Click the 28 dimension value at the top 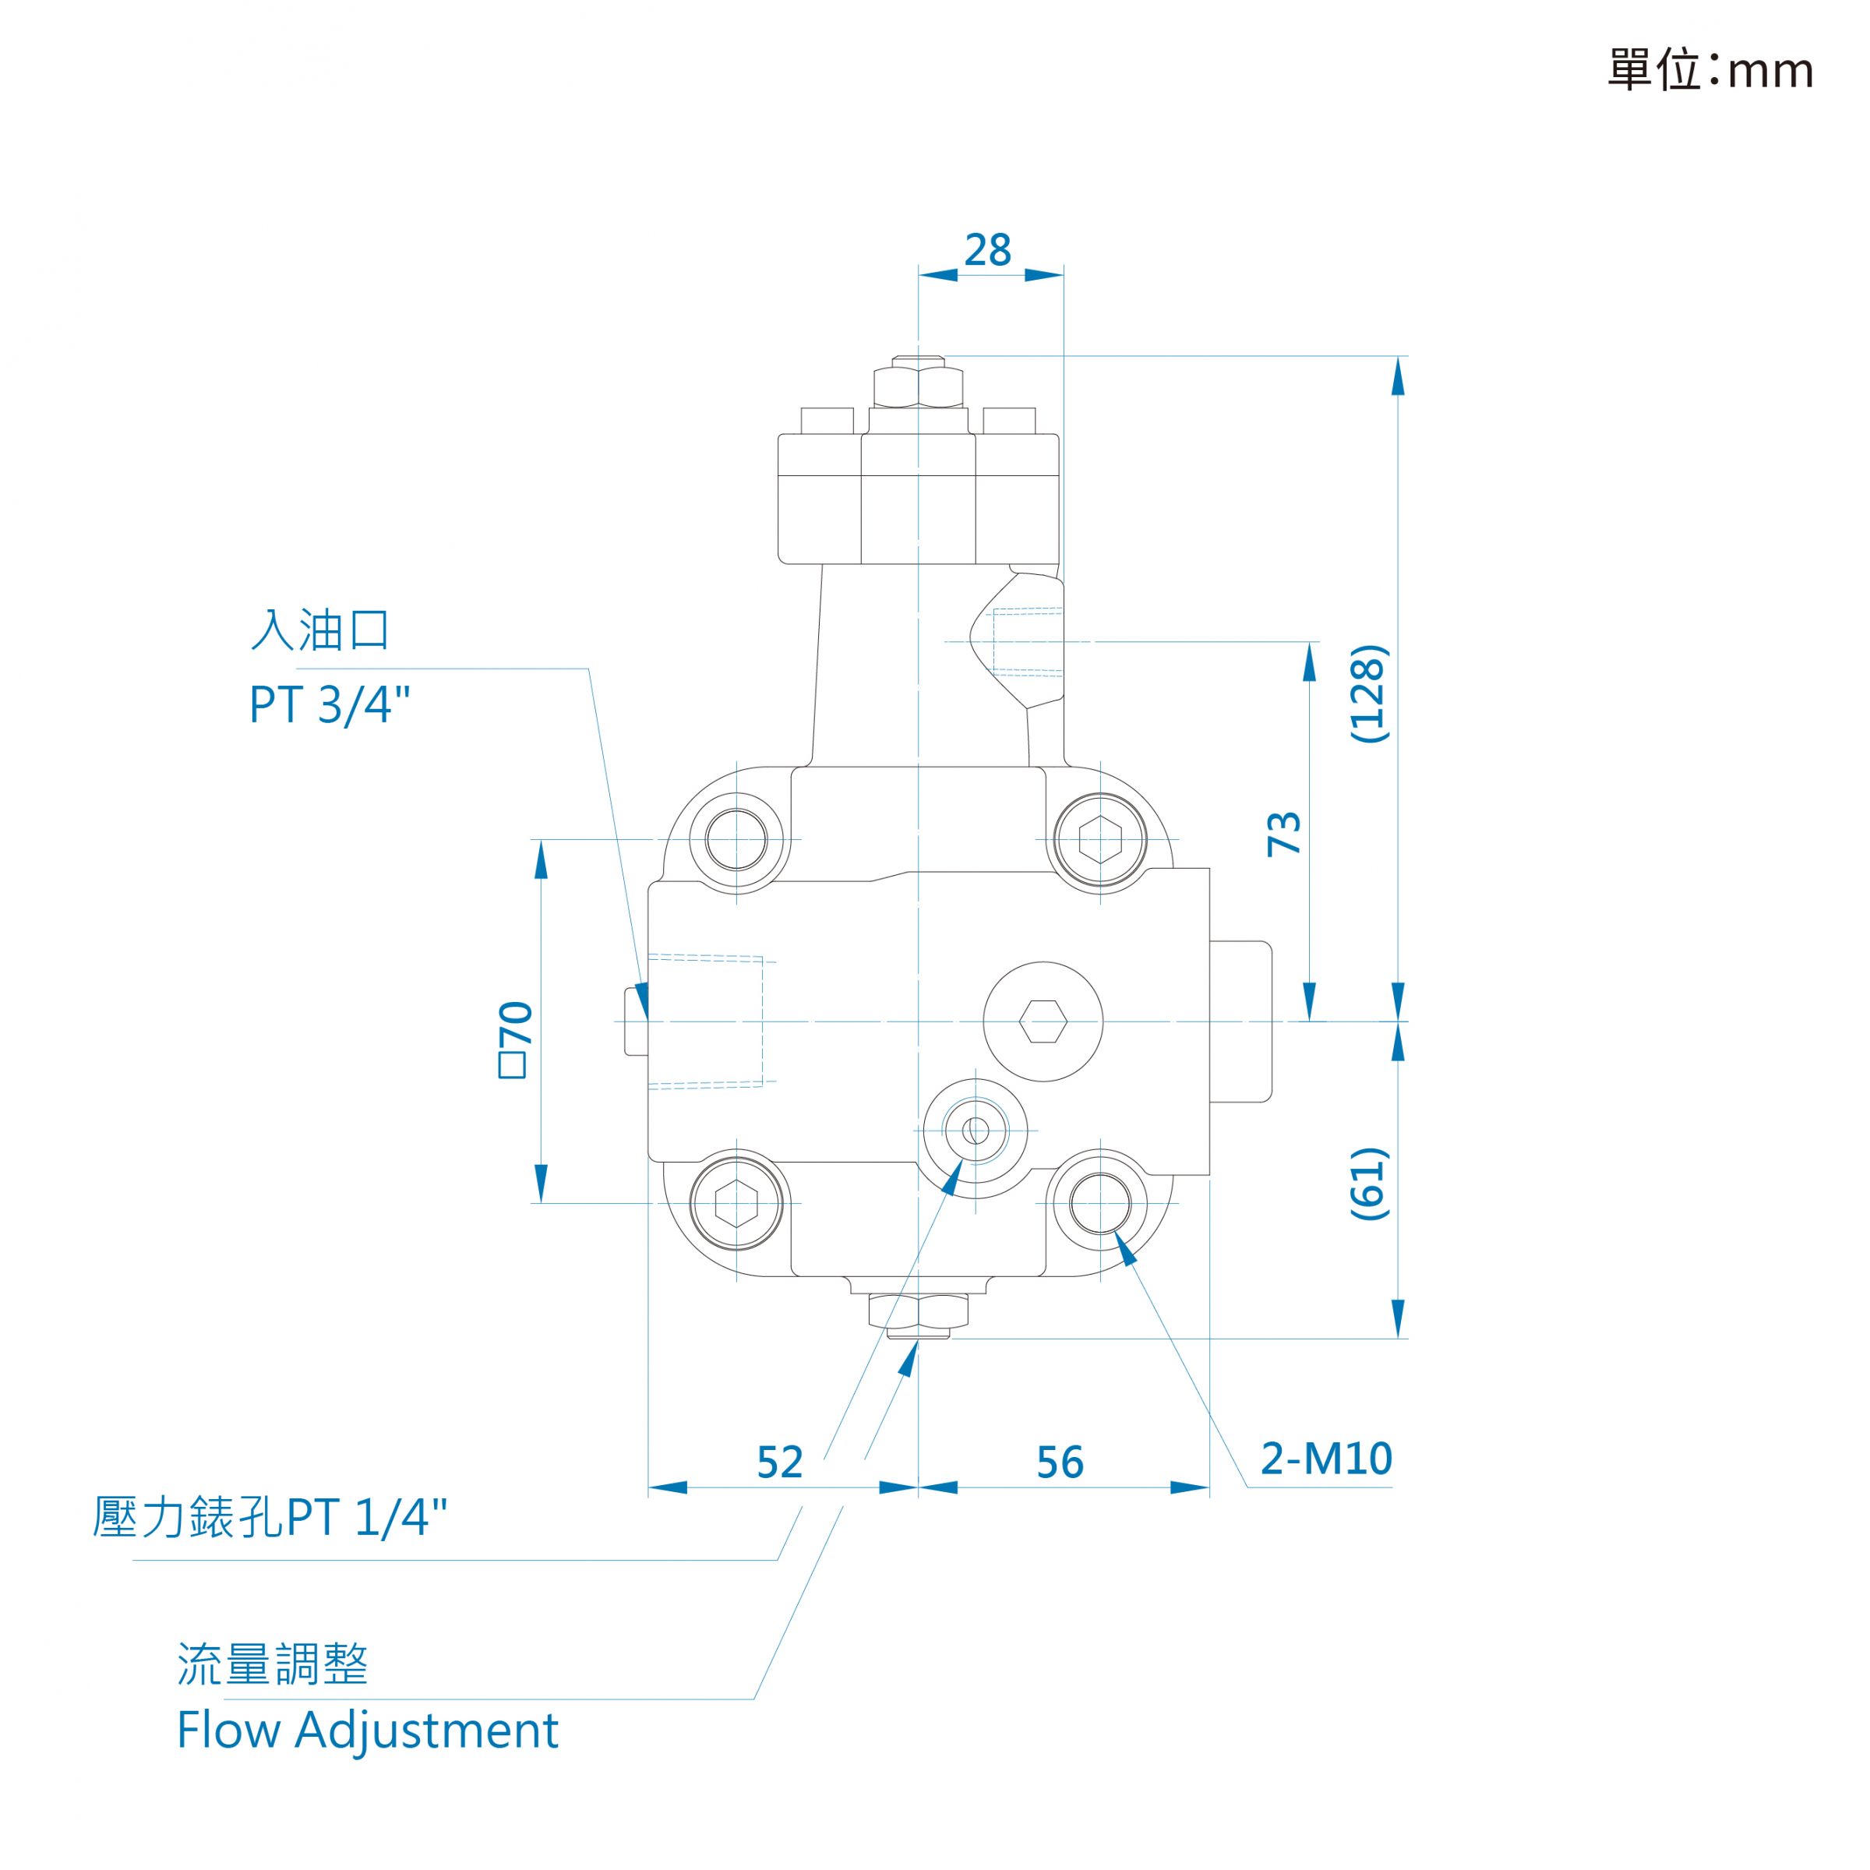(987, 249)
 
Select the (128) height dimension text (1369, 694)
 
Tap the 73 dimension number (1284, 832)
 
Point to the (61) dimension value (1369, 1183)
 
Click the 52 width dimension (780, 1462)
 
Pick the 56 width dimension (1060, 1462)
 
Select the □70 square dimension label (515, 1039)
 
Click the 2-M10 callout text (1326, 1458)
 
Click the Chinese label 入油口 (320, 630)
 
